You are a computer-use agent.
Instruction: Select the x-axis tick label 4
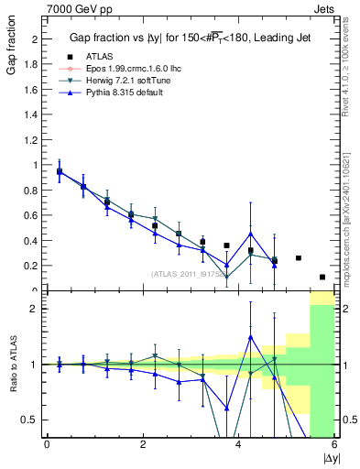pos(238,445)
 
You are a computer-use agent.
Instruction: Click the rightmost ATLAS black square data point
pos(322,277)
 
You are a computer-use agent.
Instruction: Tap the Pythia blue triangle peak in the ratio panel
pos(250,337)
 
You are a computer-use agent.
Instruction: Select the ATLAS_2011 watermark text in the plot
pos(189,273)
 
